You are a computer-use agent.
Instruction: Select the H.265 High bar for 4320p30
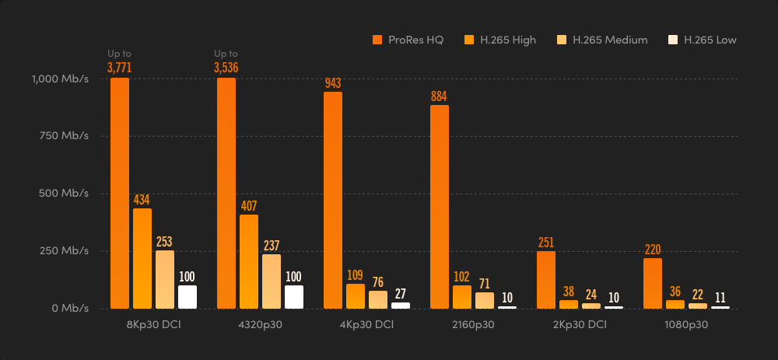click(x=249, y=261)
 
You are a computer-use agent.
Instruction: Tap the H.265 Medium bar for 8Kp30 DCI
click(x=165, y=279)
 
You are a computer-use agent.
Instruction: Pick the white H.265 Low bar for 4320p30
click(x=293, y=296)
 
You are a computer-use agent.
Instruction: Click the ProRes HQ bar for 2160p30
click(x=440, y=207)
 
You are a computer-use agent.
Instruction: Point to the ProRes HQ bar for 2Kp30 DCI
click(x=546, y=279)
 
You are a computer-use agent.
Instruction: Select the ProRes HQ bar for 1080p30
click(x=653, y=283)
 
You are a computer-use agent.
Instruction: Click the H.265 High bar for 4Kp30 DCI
click(x=356, y=296)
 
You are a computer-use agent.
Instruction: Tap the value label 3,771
click(x=120, y=68)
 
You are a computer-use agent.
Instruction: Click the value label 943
click(x=333, y=83)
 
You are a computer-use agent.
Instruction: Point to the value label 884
click(x=440, y=96)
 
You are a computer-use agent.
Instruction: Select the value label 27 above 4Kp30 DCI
click(x=400, y=294)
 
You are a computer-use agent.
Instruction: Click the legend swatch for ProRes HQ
click(x=377, y=40)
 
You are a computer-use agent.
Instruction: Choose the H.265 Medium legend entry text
click(x=610, y=40)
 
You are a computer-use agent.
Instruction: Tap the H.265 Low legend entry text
click(x=710, y=40)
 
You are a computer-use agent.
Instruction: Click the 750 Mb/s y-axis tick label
click(x=65, y=136)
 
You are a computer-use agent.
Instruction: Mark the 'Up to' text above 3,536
click(x=226, y=54)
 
